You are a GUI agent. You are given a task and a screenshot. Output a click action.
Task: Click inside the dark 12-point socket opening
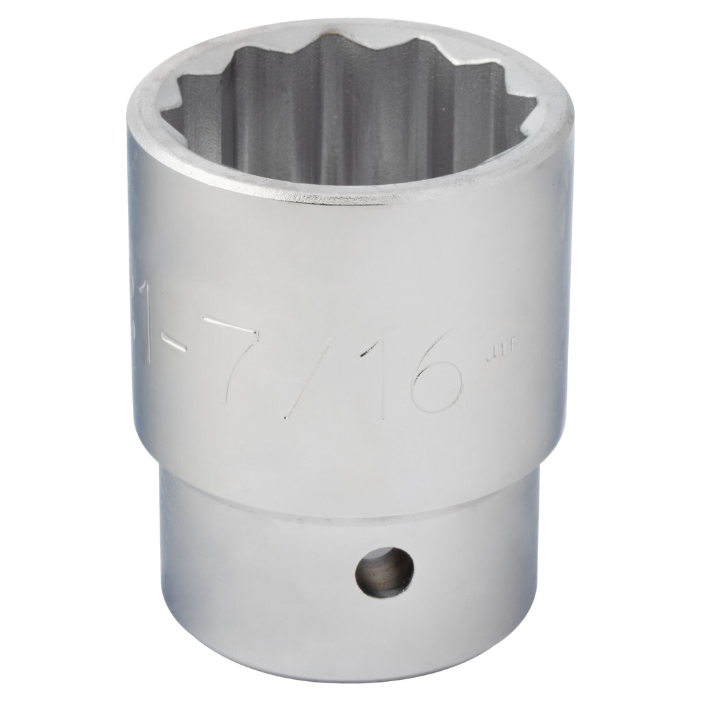(349, 116)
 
